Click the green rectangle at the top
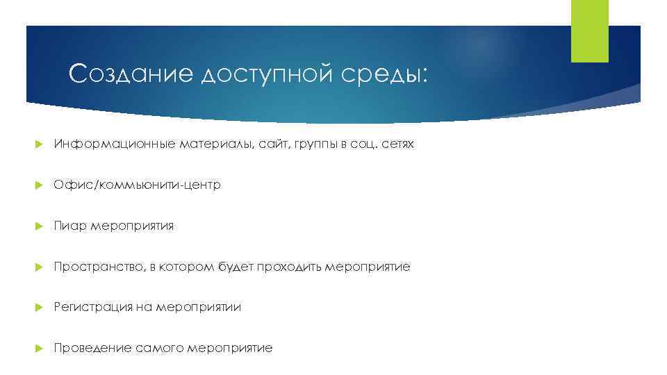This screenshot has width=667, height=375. coord(589,31)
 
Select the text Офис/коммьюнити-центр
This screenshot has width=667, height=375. coord(137,185)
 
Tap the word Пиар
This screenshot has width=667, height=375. coord(69,226)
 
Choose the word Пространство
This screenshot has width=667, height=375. coord(97,267)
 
